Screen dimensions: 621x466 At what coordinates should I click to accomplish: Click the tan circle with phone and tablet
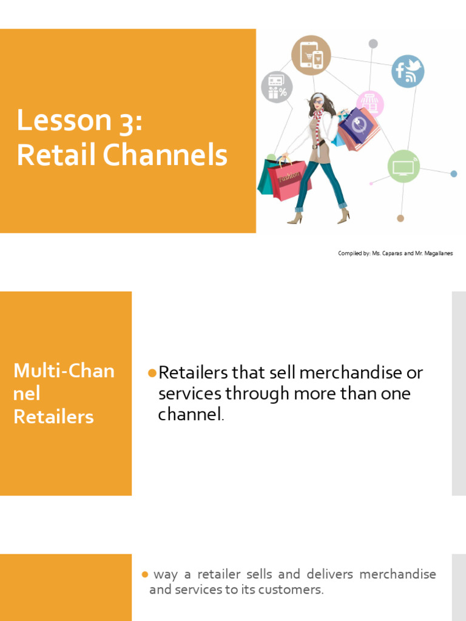tap(311, 55)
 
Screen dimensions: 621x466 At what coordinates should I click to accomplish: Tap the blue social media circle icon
tap(407, 71)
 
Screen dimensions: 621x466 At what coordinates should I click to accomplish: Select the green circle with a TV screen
tap(404, 166)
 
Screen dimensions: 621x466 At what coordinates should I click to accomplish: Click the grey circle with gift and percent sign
tap(277, 87)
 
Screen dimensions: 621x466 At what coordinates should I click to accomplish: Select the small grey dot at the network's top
tap(373, 44)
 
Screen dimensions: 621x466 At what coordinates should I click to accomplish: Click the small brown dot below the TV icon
tap(400, 218)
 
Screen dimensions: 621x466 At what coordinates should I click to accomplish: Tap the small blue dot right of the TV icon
tap(454, 174)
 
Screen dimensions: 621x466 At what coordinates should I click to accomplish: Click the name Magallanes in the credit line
tap(435, 253)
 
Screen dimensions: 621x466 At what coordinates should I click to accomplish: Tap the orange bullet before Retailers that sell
tap(152, 372)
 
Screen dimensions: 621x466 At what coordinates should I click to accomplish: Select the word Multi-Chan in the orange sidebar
tap(64, 371)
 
